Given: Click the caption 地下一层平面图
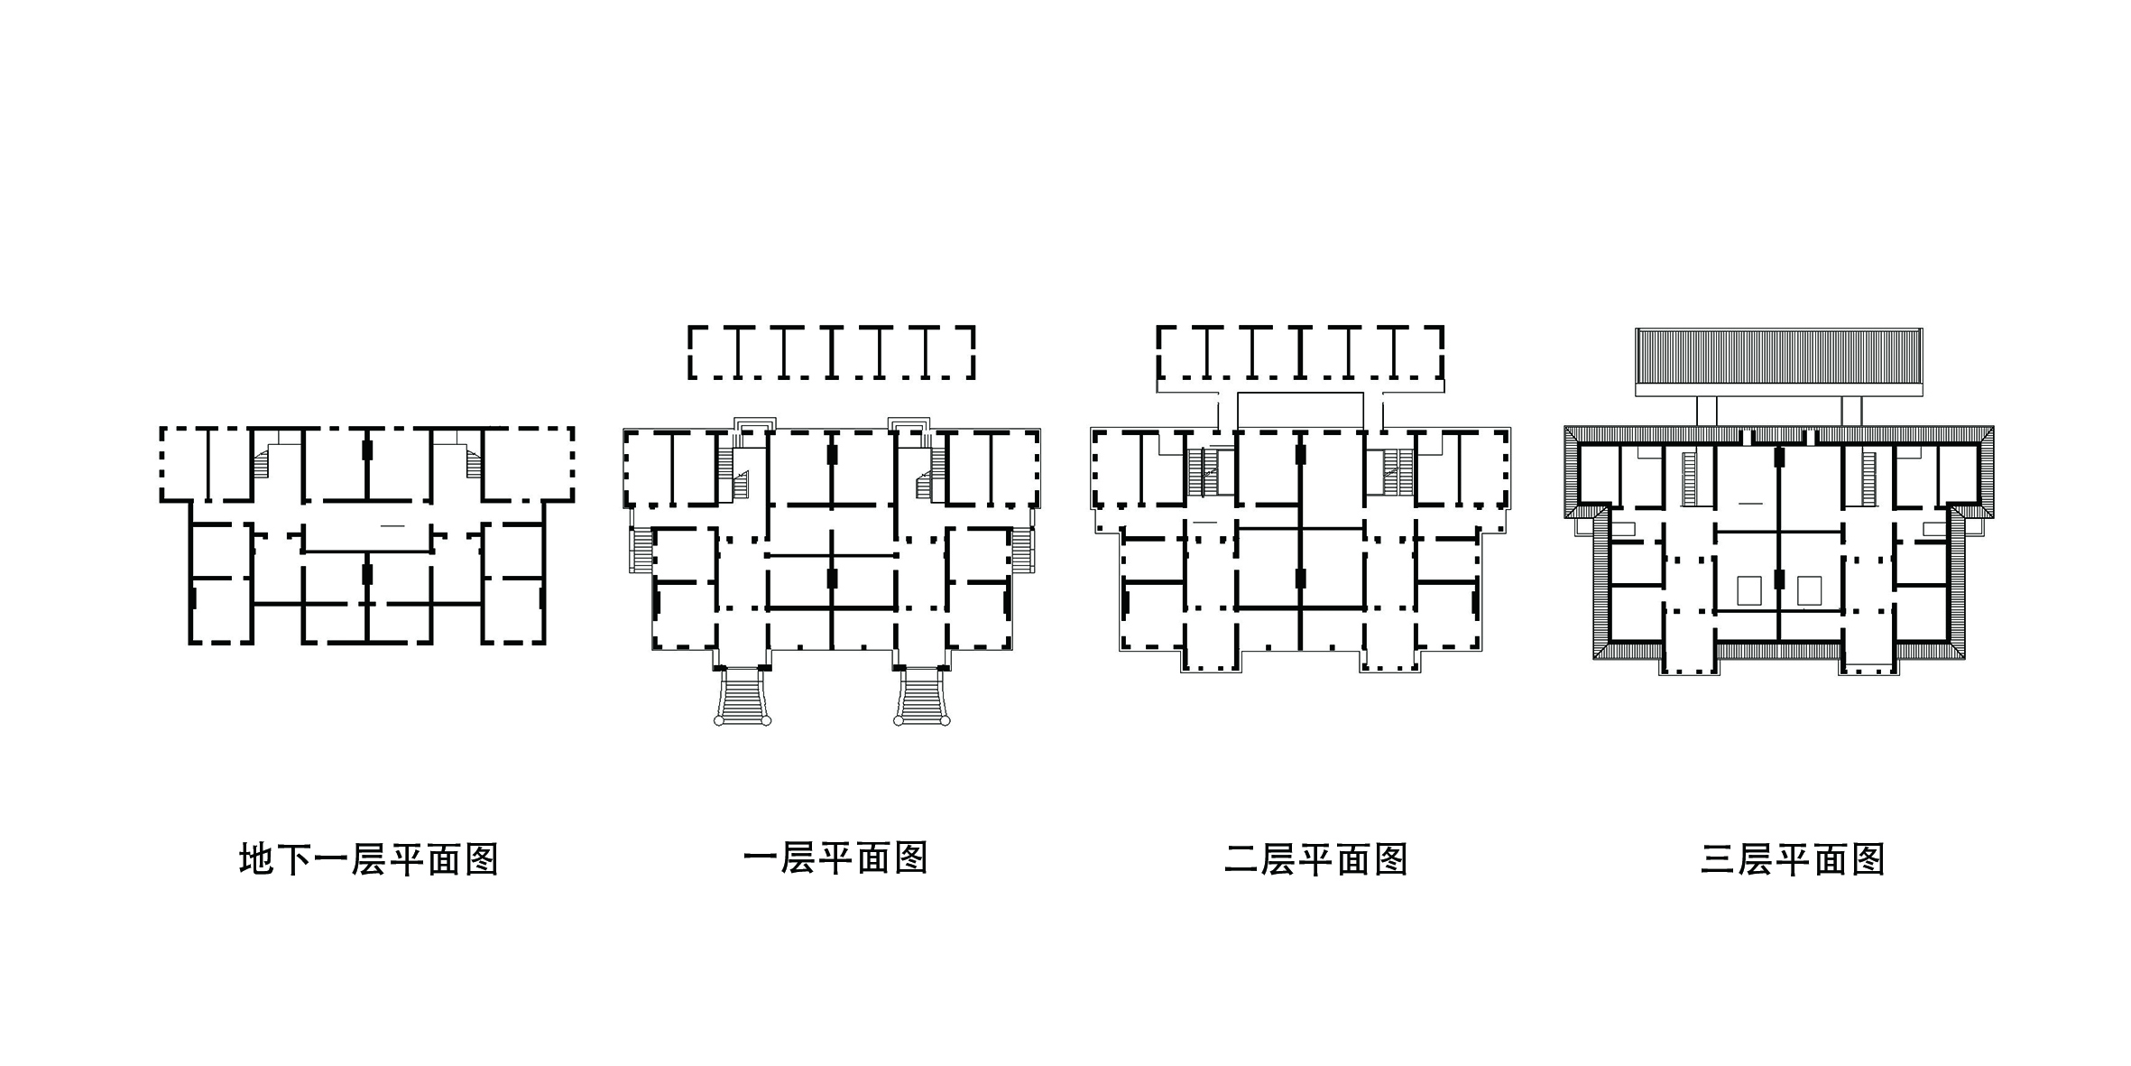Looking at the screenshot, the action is pos(369,859).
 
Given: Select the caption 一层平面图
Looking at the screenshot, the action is pos(836,858).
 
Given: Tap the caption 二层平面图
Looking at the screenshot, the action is pos(1316,859).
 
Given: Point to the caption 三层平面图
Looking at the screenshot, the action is pos(1793,859).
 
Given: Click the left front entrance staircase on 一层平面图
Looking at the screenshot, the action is pos(743,695).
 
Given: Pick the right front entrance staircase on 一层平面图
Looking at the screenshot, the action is pos(921,695).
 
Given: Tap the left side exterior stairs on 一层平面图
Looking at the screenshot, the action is pos(641,550).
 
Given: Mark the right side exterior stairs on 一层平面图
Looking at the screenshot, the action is pos(1023,550).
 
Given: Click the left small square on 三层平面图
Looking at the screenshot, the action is pos(1748,590).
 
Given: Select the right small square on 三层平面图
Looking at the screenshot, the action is pos(1809,590).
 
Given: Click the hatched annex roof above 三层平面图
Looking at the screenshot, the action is pos(1778,362).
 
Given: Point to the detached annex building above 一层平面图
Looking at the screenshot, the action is pos(831,352).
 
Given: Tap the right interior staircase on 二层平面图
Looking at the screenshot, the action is pos(1397,472).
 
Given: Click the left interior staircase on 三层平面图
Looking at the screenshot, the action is pos(1690,478).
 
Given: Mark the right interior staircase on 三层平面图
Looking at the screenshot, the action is pos(1868,478).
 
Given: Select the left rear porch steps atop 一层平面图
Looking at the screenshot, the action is pos(755,431).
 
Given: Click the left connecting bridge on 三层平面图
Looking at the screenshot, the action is pos(1706,412).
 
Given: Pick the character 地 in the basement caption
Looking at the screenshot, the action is pos(255,859).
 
